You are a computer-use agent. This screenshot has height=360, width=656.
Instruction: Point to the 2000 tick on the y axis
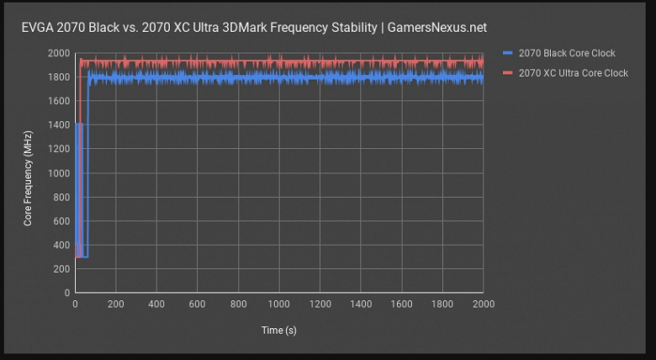pyautogui.click(x=59, y=53)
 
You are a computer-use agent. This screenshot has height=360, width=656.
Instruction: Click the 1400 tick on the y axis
pyautogui.click(x=59, y=124)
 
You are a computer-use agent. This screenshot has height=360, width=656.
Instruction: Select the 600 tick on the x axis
pyautogui.click(x=198, y=304)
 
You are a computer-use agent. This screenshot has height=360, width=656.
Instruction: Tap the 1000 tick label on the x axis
pyautogui.click(x=279, y=304)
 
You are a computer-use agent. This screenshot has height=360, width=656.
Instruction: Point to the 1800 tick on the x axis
pyautogui.click(x=442, y=304)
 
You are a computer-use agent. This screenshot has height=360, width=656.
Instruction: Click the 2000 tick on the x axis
pyautogui.click(x=483, y=304)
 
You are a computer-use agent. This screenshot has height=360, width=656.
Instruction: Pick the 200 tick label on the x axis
pyautogui.click(x=116, y=304)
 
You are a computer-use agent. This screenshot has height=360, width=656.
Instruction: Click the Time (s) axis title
pyautogui.click(x=278, y=331)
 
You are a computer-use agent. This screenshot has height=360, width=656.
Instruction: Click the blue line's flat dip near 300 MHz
pyautogui.click(x=83, y=256)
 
